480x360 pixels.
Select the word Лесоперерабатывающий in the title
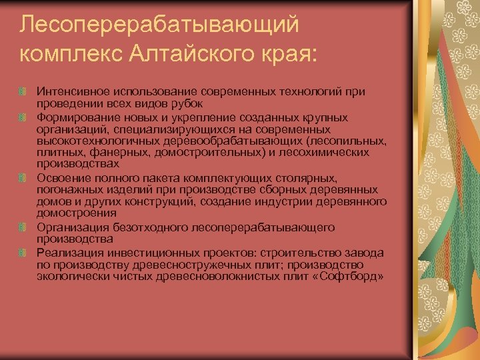coord(159,24)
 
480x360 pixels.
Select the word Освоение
coord(61,178)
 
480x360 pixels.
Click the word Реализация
coord(69,253)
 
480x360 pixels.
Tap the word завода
coord(365,253)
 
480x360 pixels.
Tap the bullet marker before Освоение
coord(23,178)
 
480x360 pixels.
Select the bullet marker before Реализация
coord(23,253)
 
